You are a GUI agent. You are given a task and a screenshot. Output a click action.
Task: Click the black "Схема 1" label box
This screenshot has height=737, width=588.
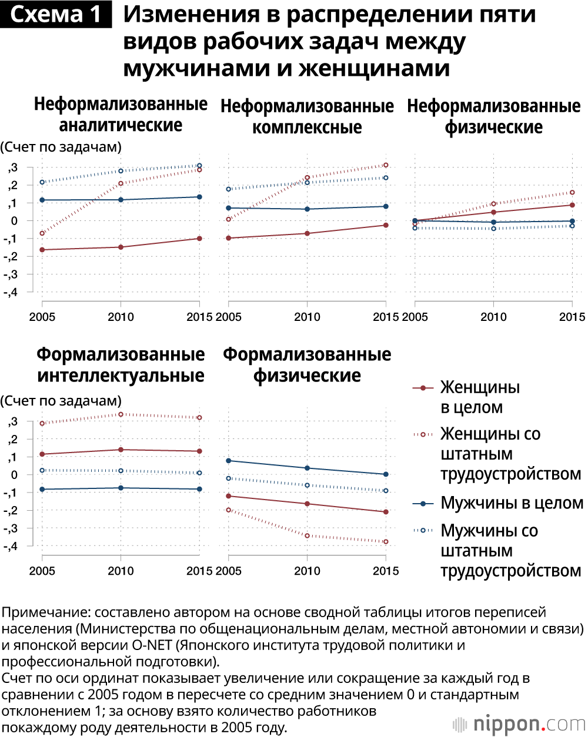[x=56, y=14]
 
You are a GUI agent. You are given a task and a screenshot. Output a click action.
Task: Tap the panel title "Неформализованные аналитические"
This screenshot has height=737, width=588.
[x=121, y=115]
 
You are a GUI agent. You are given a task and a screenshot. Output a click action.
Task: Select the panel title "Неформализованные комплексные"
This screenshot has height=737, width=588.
[x=307, y=116]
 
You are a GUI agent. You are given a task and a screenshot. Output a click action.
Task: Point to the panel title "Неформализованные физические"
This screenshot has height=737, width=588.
[x=493, y=116]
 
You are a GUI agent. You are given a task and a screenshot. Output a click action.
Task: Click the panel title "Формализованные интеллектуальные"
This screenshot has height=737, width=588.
[x=121, y=365]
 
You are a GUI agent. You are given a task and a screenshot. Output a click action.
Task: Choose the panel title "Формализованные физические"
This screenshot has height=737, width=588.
[x=307, y=365]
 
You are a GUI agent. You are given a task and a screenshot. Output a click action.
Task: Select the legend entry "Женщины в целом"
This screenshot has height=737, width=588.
[x=480, y=397]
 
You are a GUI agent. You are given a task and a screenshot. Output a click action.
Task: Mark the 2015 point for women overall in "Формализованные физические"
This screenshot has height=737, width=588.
[x=386, y=512]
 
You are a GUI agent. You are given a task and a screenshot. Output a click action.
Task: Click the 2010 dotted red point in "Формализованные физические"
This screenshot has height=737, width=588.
[x=307, y=535]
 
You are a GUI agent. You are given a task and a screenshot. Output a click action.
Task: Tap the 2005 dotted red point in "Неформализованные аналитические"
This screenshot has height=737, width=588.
[x=42, y=233]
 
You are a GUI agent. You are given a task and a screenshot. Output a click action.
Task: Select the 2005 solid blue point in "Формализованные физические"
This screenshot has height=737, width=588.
[x=228, y=461]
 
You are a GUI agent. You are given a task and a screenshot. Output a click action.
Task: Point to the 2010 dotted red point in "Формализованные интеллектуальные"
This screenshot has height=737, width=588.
[x=121, y=414]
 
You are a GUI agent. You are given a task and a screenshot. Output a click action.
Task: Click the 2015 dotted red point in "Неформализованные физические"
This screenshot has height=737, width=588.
[x=572, y=193]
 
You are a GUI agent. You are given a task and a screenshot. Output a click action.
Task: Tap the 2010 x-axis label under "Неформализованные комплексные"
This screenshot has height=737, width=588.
[x=307, y=317]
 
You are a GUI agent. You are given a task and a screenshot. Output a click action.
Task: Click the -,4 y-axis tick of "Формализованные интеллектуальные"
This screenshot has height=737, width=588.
[x=12, y=546]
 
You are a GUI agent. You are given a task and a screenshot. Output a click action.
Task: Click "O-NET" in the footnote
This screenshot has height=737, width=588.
[x=152, y=645]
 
